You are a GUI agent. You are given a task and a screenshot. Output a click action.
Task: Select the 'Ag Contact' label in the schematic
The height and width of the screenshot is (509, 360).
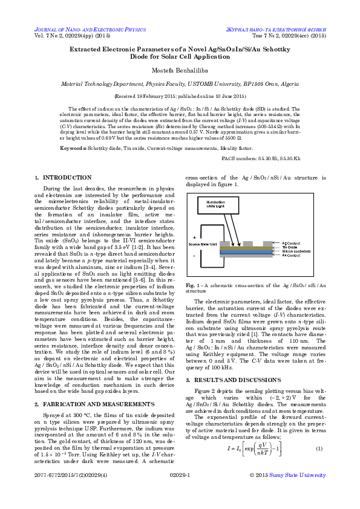(x=292, y=242)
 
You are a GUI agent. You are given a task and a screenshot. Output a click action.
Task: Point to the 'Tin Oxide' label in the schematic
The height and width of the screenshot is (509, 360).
(x=290, y=247)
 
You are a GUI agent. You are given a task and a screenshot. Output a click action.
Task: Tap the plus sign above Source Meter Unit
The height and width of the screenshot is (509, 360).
(x=195, y=236)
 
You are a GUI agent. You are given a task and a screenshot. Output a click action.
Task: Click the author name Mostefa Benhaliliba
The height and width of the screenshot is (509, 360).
(x=180, y=71)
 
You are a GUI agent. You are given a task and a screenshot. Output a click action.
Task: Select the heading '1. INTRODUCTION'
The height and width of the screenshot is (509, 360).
(x=64, y=178)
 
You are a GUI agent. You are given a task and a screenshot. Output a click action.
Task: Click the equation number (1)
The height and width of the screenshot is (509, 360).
(x=319, y=448)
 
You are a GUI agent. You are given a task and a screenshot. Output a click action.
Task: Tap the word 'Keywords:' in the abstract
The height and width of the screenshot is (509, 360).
(x=73, y=148)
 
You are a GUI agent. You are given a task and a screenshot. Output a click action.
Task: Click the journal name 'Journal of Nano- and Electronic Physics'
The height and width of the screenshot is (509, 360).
(x=90, y=29)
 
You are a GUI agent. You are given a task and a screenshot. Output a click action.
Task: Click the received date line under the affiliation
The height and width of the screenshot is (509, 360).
(x=180, y=96)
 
